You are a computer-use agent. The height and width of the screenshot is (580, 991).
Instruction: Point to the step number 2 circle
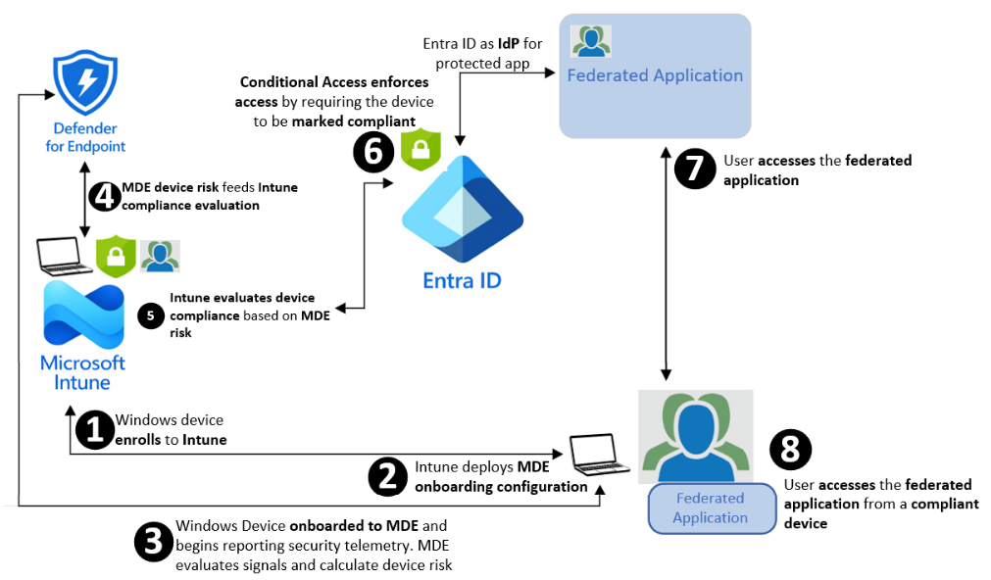(387, 475)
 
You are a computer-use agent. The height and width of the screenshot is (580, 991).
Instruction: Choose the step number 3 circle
(153, 544)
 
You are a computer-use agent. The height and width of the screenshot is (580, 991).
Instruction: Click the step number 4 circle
(103, 196)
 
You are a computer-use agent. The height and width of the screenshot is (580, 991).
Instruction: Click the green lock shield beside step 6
(420, 147)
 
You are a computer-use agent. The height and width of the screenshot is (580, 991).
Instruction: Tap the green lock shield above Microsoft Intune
(115, 257)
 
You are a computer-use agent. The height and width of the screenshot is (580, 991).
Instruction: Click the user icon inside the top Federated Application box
(591, 41)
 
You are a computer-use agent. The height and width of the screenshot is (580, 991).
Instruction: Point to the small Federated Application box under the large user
(710, 507)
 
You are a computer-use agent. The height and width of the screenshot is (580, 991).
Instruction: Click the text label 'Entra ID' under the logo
(462, 280)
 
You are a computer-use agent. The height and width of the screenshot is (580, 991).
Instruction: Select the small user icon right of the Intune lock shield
(160, 256)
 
